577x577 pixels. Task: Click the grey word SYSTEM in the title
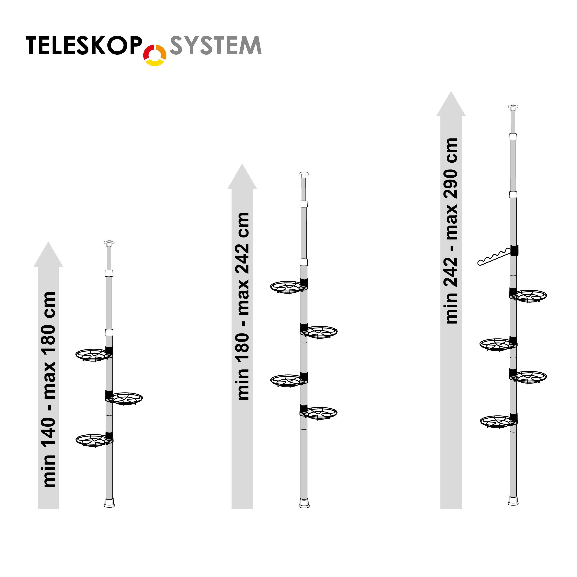coord(216,45)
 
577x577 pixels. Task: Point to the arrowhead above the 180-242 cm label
coord(242,177)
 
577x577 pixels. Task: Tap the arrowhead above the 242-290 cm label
coord(451,104)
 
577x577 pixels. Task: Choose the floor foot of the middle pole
coord(304,503)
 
